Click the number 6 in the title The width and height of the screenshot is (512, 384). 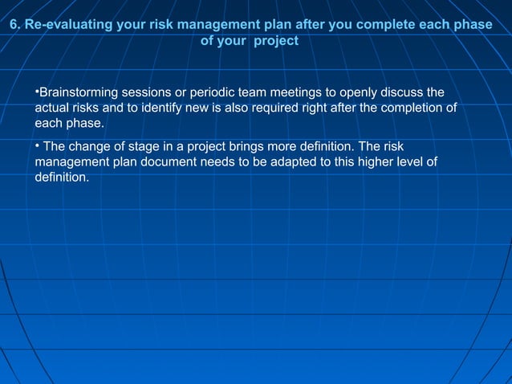pyautogui.click(x=13, y=25)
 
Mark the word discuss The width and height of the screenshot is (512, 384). pyautogui.click(x=406, y=92)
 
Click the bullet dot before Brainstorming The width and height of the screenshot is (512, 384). pyautogui.click(x=37, y=90)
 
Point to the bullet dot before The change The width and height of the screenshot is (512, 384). pyautogui.click(x=37, y=145)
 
